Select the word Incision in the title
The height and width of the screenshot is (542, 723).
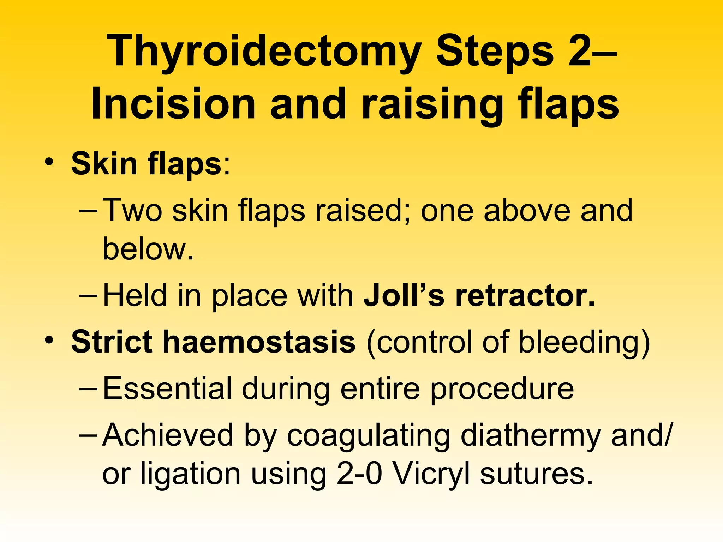[x=173, y=105]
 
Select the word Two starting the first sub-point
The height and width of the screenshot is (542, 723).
[x=132, y=211]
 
